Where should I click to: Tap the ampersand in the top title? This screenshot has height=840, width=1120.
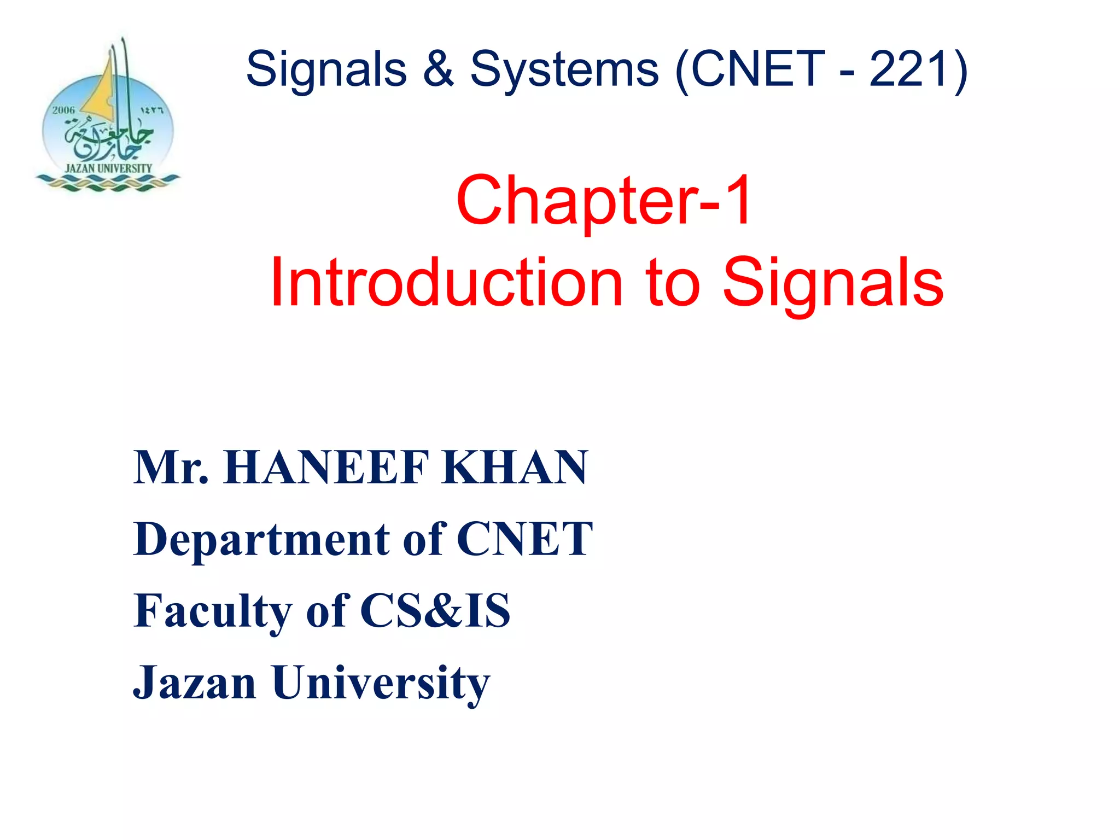[438, 69]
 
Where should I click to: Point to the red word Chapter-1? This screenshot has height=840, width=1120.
[604, 200]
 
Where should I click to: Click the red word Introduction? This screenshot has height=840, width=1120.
[446, 283]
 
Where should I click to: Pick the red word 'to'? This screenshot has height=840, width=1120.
[673, 283]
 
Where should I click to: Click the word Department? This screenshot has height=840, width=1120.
[262, 540]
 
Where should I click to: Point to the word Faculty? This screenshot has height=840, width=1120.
[213, 611]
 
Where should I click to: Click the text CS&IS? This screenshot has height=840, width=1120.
[435, 611]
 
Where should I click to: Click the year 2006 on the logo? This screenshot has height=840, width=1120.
[63, 110]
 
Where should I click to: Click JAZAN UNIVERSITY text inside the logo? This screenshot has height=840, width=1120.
[108, 168]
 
